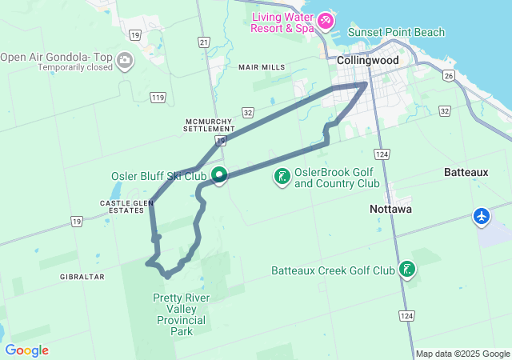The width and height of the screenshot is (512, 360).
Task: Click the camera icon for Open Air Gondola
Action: tap(125, 59)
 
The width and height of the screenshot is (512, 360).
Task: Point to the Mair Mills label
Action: tap(261, 67)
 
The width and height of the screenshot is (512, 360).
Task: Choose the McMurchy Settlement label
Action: tap(209, 123)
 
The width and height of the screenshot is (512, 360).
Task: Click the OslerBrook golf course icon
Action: tap(282, 176)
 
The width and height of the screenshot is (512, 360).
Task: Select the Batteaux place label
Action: tap(466, 173)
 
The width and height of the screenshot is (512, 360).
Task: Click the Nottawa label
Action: tap(390, 209)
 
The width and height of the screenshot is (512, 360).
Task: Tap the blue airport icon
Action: tap(482, 216)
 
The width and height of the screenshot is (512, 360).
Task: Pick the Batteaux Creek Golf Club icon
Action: tap(407, 270)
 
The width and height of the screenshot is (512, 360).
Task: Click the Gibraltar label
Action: tap(82, 276)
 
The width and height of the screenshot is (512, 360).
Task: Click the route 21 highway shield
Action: tap(205, 42)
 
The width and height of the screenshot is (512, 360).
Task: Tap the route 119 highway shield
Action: tap(157, 98)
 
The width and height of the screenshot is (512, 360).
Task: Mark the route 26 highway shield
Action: tap(449, 76)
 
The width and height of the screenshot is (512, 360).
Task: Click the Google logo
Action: tap(26, 350)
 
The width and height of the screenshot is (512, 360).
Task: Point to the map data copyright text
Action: tap(462, 354)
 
